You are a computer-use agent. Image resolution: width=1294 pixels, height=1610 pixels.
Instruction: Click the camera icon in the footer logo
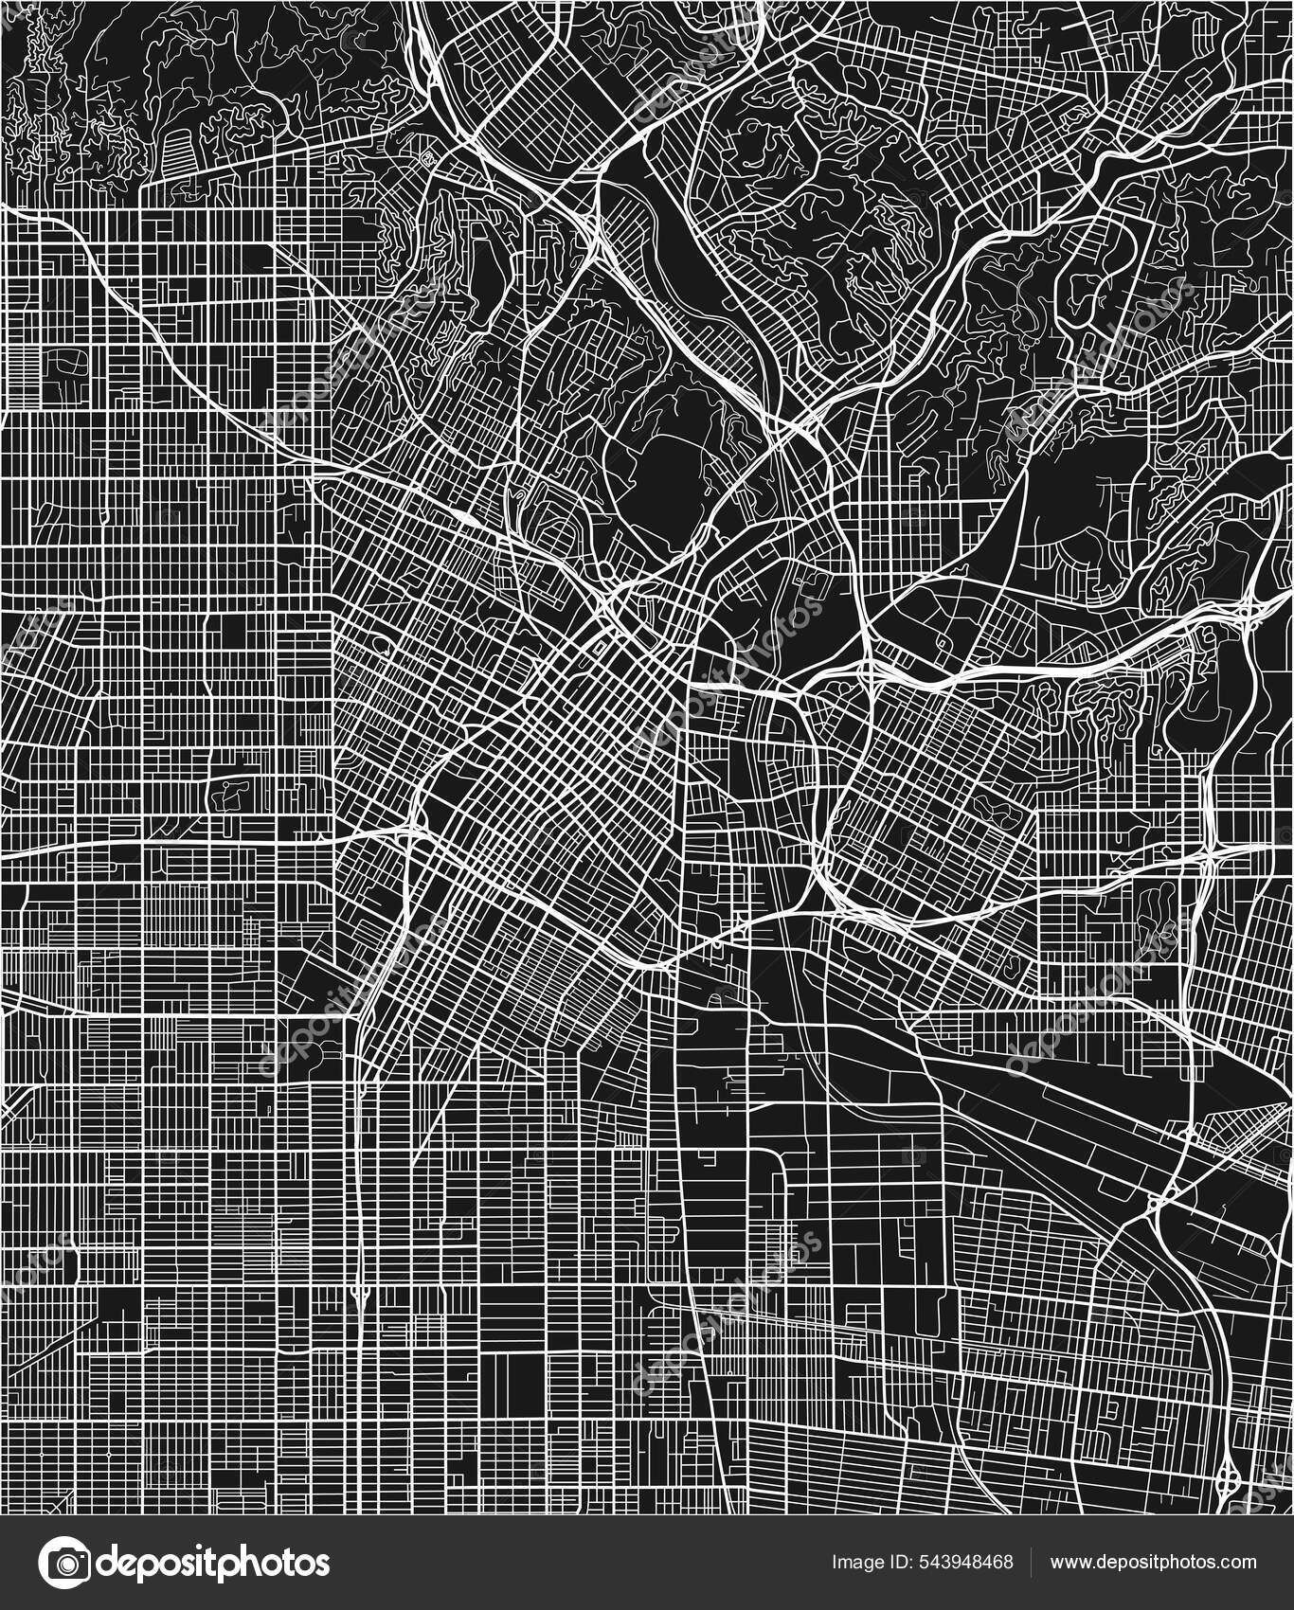point(64,1562)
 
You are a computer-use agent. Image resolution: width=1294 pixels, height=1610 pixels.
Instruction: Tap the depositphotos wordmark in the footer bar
point(213,1563)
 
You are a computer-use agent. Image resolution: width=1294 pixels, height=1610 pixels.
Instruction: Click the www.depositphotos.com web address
point(1153,1563)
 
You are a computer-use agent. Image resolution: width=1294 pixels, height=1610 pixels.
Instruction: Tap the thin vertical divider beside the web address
point(1032,1563)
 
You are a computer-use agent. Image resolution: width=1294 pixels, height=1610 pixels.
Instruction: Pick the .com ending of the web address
point(1239,1563)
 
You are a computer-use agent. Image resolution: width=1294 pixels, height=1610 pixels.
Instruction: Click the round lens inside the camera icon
point(64,1564)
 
